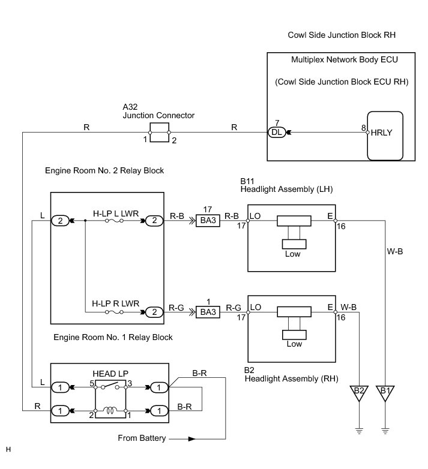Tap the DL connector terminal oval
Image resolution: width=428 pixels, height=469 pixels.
277,132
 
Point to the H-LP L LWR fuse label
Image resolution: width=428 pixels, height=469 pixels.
116,214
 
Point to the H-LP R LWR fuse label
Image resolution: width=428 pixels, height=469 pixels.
115,303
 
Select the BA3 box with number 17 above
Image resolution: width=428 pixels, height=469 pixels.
208,221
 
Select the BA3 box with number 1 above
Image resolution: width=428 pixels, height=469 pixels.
208,312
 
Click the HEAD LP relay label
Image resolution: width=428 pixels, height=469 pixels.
110,374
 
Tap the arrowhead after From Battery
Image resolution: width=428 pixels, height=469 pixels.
192,439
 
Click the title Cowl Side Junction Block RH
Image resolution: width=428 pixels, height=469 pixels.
342,35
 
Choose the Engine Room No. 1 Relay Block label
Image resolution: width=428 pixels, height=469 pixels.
113,338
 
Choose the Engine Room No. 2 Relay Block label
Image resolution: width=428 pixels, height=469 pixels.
104,170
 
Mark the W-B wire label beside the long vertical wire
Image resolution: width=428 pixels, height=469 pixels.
395,251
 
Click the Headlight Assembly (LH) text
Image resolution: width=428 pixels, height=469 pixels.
286,190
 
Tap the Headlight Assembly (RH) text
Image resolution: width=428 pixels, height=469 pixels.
291,378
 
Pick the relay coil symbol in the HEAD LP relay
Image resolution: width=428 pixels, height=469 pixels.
110,410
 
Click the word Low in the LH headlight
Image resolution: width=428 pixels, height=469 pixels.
292,254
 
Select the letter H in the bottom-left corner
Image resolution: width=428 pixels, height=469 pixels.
8,449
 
